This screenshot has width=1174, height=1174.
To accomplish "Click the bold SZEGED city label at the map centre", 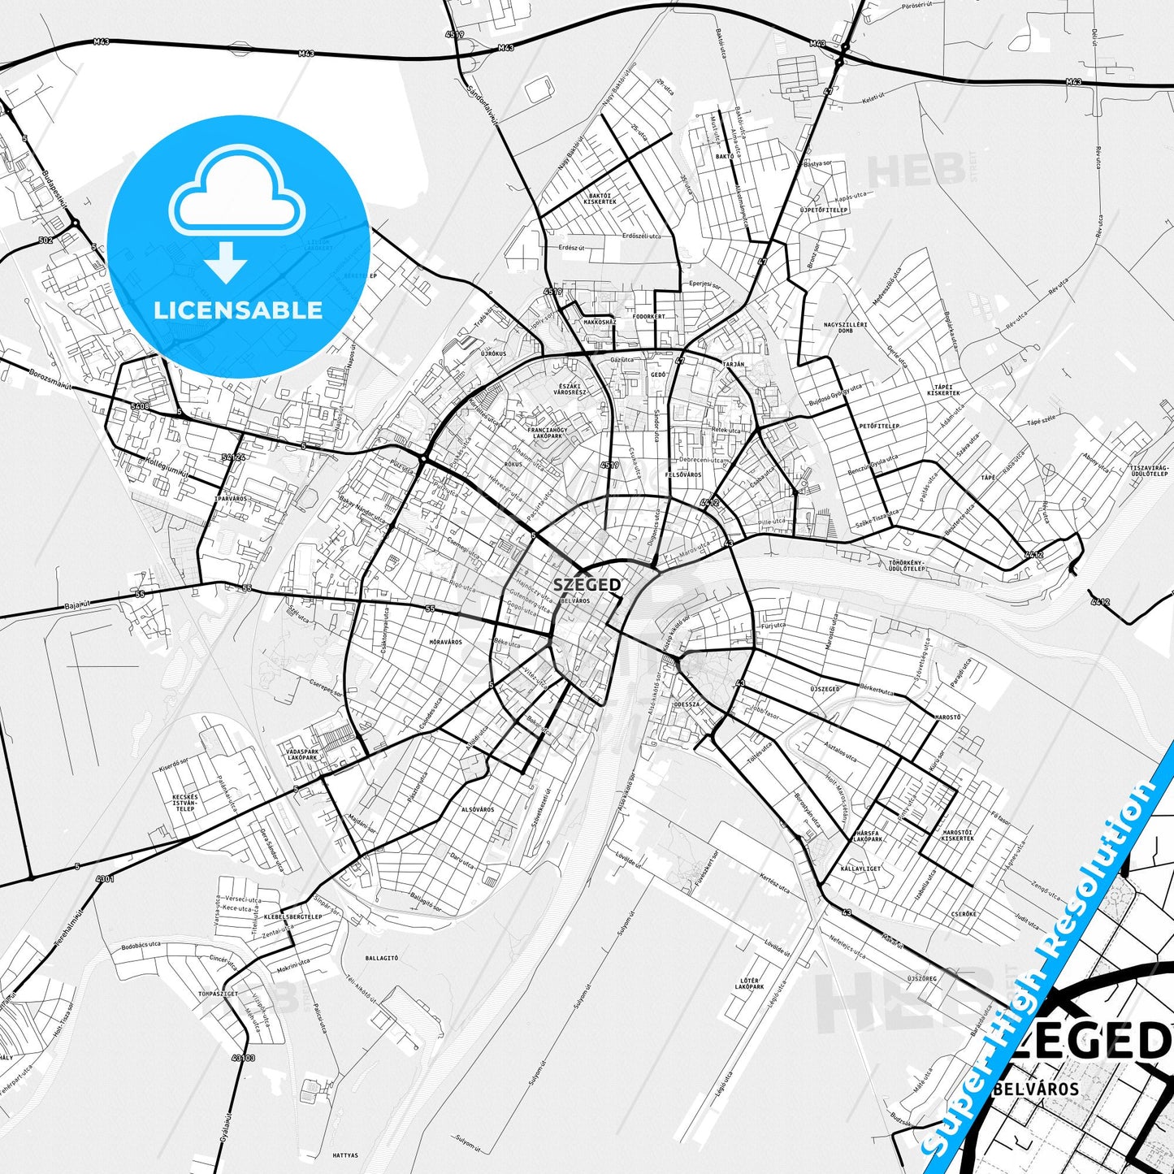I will [587, 585].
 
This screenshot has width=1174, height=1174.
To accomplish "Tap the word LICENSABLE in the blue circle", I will [238, 310].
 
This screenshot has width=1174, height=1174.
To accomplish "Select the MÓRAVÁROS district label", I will [445, 642].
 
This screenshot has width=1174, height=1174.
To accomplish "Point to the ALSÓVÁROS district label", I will [478, 809].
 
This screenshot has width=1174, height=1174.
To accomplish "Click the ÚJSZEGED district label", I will [825, 689].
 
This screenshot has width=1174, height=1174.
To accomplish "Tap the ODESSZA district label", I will [687, 704].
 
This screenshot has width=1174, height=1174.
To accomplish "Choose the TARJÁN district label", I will [734, 365].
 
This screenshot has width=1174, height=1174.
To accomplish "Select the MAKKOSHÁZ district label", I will [600, 322].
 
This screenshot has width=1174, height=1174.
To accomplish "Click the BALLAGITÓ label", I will [382, 958].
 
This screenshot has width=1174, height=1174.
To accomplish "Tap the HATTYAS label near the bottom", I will [345, 1155].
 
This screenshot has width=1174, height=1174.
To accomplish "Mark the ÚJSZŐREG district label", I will [921, 978].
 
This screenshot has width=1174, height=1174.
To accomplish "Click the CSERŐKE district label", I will [964, 914].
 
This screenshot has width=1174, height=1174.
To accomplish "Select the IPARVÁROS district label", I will [231, 498].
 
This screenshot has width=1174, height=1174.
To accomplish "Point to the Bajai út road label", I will [80, 606].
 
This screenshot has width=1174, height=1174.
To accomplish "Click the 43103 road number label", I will [243, 1058].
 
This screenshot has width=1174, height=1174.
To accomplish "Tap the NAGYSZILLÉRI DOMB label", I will [846, 327].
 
